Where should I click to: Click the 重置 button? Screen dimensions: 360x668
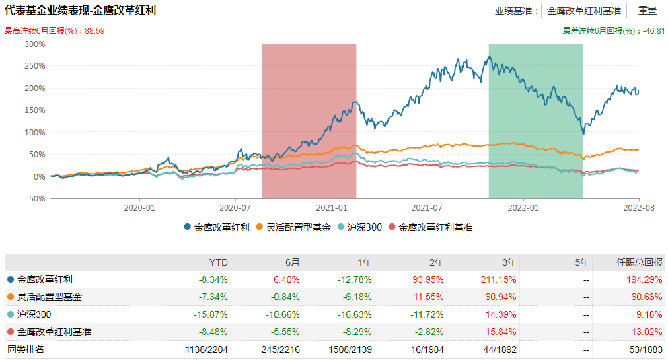(x=647, y=11)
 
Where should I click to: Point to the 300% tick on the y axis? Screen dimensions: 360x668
(x=34, y=44)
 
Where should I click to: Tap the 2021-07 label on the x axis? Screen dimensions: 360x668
(x=427, y=207)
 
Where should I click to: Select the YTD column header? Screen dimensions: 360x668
(x=219, y=262)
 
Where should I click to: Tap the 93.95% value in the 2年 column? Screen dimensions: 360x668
(x=426, y=279)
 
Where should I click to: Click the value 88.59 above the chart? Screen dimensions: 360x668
(x=95, y=31)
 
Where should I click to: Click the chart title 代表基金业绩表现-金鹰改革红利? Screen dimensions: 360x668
(x=80, y=11)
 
